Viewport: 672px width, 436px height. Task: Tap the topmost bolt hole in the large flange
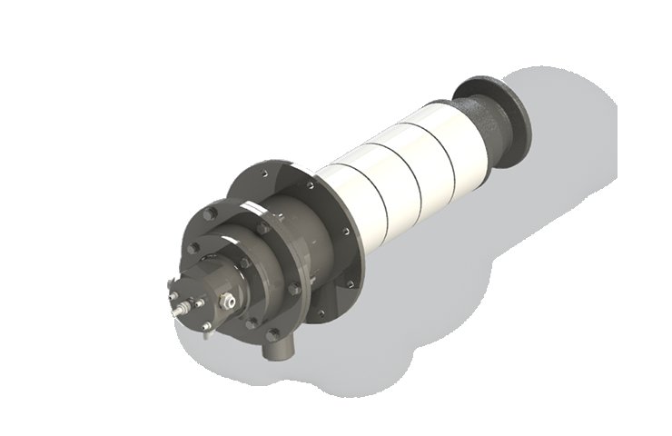tap(264, 170)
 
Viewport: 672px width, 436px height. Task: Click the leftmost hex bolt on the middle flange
tap(193, 247)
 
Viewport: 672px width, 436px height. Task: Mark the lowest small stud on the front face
tap(208, 327)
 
